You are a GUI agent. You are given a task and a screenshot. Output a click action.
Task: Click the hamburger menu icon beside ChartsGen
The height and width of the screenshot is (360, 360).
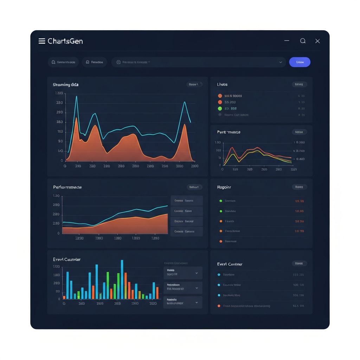[x=42, y=41]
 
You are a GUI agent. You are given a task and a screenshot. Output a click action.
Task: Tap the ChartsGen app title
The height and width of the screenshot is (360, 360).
[x=65, y=41]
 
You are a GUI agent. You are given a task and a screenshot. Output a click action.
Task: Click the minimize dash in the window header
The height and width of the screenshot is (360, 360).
[x=287, y=41]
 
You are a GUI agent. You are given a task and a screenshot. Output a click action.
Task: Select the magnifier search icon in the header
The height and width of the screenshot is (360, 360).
[x=303, y=41]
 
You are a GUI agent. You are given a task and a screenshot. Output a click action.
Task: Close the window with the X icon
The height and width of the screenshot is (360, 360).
[x=317, y=41]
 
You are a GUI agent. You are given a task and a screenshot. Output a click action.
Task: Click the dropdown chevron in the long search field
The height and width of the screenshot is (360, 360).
[x=281, y=62]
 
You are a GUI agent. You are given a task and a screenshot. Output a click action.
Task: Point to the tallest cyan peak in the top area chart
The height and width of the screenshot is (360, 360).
[x=76, y=97]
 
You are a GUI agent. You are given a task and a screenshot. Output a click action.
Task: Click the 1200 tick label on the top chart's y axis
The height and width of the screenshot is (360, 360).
[x=59, y=94]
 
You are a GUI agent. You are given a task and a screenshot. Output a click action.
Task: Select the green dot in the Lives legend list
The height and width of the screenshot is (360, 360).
[x=220, y=109]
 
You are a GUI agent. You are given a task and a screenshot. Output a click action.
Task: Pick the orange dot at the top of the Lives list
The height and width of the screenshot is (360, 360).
[x=220, y=96]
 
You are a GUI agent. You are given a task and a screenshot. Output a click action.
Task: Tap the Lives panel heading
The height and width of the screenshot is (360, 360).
[x=222, y=84]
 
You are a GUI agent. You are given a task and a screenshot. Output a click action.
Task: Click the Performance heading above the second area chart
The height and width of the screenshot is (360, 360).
[x=67, y=187]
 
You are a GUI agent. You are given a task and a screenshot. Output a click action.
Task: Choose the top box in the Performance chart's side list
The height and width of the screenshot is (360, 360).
[x=187, y=201]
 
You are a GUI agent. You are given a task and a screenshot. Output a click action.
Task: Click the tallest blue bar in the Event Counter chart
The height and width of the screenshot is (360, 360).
[x=122, y=279]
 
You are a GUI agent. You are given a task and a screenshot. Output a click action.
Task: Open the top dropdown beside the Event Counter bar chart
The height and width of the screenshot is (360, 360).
[x=183, y=272]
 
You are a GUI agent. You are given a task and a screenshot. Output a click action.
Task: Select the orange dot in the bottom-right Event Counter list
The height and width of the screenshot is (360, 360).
[x=219, y=306]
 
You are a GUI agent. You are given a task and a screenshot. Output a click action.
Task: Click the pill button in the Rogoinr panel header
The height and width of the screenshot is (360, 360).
[x=299, y=187]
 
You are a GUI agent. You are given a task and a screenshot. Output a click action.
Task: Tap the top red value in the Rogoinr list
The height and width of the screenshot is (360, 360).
[x=299, y=201]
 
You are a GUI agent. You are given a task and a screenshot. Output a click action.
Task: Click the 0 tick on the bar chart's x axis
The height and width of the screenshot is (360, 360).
[x=64, y=303]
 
